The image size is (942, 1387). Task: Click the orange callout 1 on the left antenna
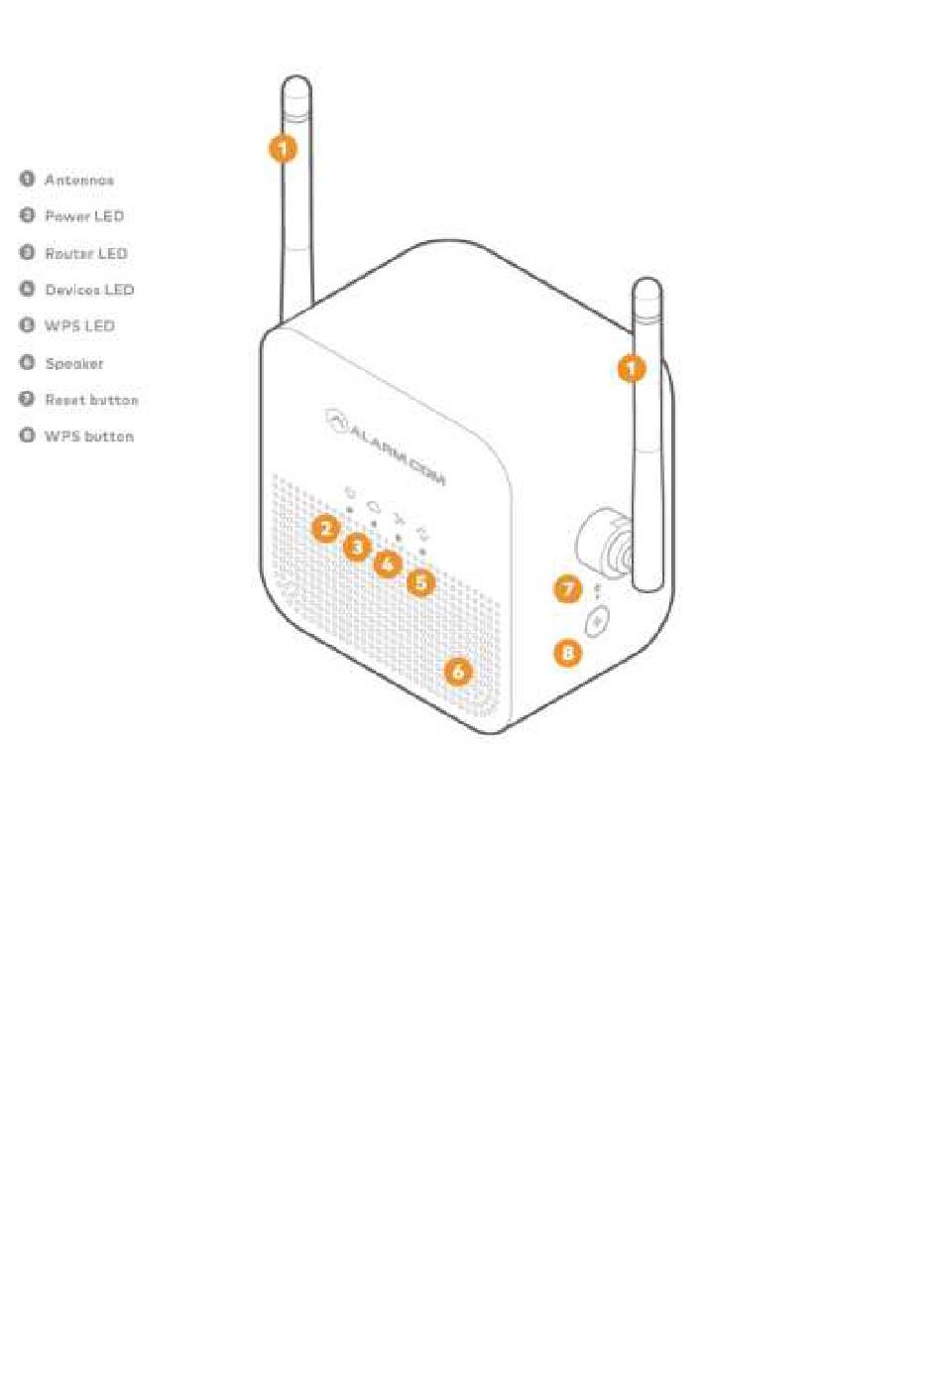pos(284,149)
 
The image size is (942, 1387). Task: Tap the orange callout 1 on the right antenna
pos(632,369)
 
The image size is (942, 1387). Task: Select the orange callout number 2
pos(325,529)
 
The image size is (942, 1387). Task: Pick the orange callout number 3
pos(356,547)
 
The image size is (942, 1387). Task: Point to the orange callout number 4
pos(388,565)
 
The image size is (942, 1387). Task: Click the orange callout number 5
pos(421,582)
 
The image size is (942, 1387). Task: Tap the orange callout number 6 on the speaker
pos(457,672)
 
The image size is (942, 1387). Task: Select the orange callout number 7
pos(568,589)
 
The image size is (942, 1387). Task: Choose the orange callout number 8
pos(568,653)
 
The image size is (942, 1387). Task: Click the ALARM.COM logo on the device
pos(387,447)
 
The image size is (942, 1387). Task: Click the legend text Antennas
pos(79,180)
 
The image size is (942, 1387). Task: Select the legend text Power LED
pos(84,216)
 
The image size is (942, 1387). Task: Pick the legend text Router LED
pos(86,253)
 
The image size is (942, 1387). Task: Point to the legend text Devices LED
pos(89,290)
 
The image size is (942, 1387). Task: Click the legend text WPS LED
pos(79,325)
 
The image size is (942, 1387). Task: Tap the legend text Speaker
pos(74,363)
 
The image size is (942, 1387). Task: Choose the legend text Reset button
pos(91,400)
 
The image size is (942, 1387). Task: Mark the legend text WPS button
pos(89,437)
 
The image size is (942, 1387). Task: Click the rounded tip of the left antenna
pos(296,85)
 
